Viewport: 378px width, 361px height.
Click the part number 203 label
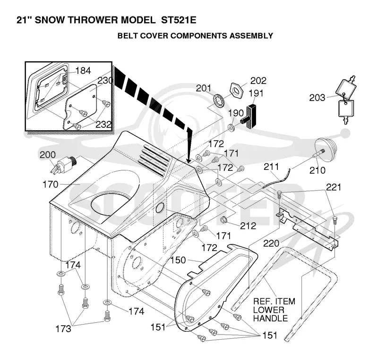[x=317, y=98]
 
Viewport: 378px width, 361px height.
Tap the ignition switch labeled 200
[x=63, y=165]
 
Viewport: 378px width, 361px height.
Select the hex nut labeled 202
[x=237, y=90]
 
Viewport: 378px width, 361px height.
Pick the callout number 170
[x=51, y=185]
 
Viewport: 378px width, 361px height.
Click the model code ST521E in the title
[x=179, y=20]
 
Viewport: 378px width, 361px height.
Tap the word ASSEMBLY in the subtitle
[x=251, y=36]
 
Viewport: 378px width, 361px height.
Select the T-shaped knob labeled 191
[x=249, y=116]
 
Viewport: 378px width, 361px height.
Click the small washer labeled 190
[x=232, y=127]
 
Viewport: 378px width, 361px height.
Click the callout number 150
[x=178, y=260]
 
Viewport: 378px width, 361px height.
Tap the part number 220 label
[x=271, y=243]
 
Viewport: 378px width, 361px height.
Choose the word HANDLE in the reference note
[x=270, y=319]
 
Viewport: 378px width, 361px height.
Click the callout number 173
[x=63, y=329]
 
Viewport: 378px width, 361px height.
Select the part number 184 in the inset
[x=83, y=71]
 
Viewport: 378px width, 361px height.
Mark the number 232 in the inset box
[x=103, y=125]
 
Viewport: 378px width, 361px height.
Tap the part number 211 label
[x=271, y=167]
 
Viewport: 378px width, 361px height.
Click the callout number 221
[x=334, y=187]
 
